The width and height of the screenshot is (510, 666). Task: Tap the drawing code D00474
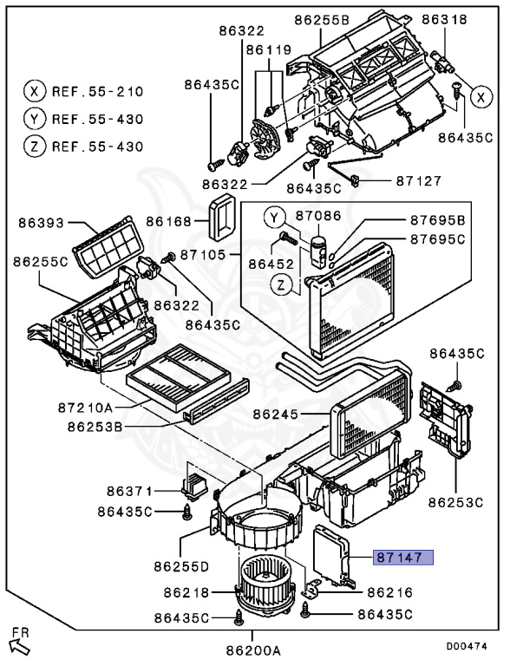tap(467, 646)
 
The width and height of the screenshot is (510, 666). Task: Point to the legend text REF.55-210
tap(96, 91)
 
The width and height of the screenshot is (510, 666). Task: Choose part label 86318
tap(444, 19)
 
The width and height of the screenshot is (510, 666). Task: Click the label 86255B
tap(322, 19)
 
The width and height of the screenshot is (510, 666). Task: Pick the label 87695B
tap(437, 221)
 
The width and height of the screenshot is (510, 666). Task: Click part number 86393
tap(42, 223)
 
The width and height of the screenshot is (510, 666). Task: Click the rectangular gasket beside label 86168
tap(221, 217)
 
